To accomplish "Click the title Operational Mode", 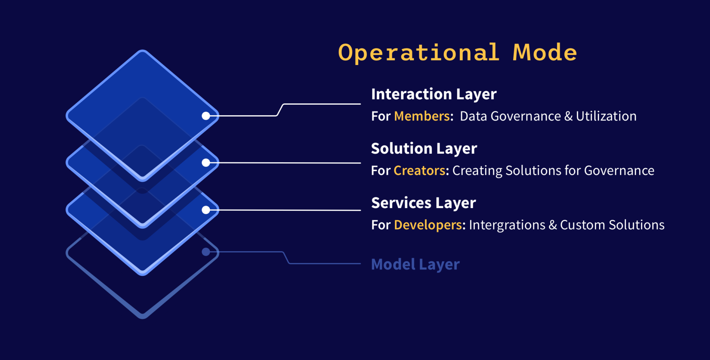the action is tap(457, 52).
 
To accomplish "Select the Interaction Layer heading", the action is tap(434, 94).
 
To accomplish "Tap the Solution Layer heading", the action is tap(424, 149).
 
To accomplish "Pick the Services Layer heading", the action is tap(423, 203).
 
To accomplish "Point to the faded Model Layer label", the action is tap(415, 265).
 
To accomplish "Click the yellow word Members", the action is tap(422, 116).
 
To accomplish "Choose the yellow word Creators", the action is tap(419, 170).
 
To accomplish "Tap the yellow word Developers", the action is tap(428, 225).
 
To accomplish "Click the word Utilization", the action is tap(606, 116).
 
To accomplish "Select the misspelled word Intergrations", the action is tap(507, 225).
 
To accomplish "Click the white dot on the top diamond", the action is tap(206, 116).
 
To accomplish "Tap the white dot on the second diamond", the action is tap(206, 163).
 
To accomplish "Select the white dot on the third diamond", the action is tap(206, 210).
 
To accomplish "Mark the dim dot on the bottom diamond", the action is tap(206, 252).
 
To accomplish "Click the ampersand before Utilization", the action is tap(568, 116).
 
